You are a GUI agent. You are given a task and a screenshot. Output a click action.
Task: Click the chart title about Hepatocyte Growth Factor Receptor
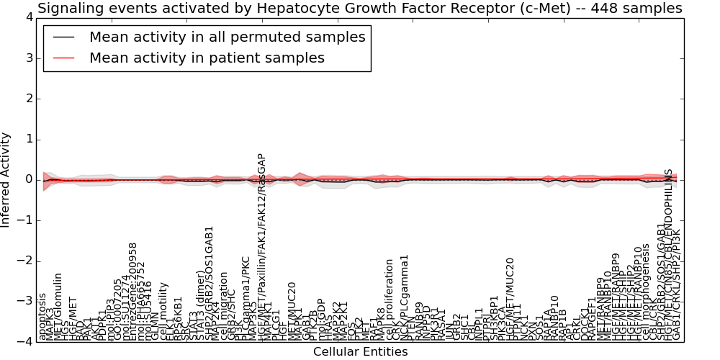tap(359, 9)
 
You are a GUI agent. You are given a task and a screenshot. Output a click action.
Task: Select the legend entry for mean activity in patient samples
tap(207, 58)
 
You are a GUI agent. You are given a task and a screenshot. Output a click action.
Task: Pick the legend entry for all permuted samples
tap(227, 37)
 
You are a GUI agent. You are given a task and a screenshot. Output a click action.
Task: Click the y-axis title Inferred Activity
tap(6, 179)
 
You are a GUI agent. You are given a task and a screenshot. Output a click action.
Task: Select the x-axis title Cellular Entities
tap(360, 351)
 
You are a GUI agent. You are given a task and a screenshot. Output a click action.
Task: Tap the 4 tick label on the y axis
tap(27, 17)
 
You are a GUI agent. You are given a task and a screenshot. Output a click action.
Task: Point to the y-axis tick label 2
tap(27, 99)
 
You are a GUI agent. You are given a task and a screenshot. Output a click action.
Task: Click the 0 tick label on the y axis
tap(27, 179)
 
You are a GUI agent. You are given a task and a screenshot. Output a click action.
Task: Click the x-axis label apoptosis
tap(43, 316)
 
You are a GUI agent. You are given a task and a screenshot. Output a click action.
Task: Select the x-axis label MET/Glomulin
tap(59, 307)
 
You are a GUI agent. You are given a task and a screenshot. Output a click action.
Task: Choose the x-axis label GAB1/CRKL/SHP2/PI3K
tap(676, 284)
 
